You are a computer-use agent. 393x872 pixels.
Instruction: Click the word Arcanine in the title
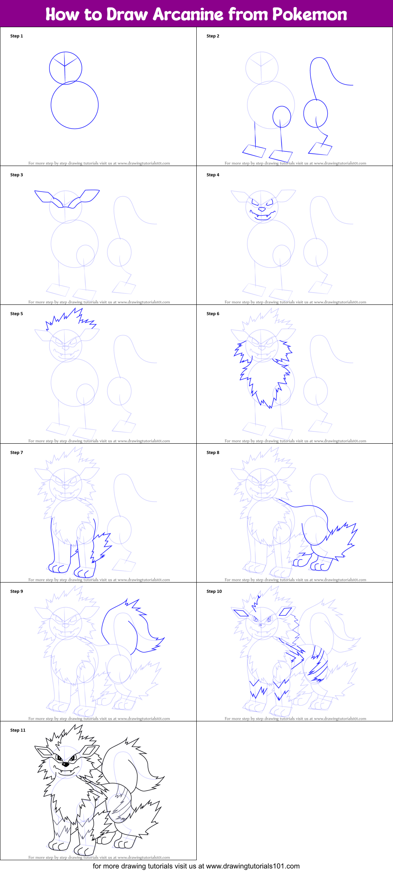click(188, 15)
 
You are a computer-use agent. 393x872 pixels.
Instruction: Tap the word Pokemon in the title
click(310, 15)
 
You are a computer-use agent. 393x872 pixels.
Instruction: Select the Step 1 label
click(17, 36)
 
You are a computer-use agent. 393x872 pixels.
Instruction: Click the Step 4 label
click(213, 175)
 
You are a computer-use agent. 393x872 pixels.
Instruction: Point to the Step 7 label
click(17, 453)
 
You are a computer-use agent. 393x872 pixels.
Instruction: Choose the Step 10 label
click(214, 592)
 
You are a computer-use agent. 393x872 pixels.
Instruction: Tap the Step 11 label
click(18, 730)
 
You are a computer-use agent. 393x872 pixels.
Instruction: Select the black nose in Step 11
click(65, 764)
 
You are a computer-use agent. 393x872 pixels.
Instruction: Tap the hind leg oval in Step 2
click(316, 114)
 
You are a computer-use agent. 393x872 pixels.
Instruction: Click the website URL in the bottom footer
click(253, 866)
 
